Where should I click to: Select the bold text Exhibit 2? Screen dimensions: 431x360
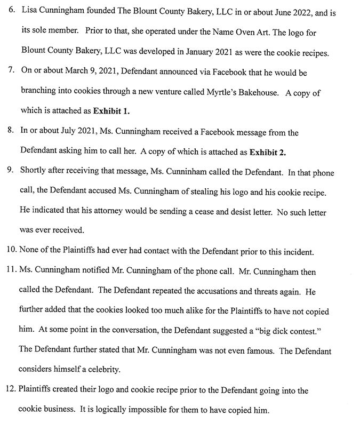point(267,151)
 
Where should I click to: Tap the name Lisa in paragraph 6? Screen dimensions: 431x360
point(28,11)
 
